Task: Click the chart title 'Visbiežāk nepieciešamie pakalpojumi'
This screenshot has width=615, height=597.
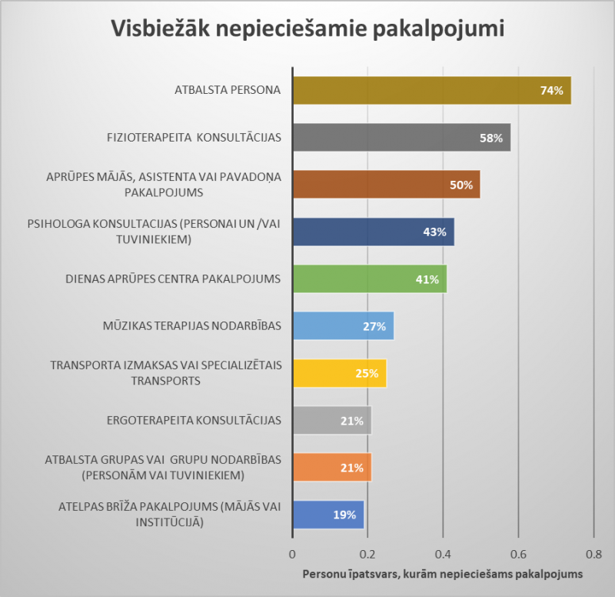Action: click(307, 28)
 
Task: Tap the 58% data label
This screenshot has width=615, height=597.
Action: click(492, 138)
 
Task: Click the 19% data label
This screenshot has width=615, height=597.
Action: click(344, 515)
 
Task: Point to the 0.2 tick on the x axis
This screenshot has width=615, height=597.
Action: click(367, 554)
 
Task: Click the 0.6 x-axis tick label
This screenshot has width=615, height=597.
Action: click(518, 554)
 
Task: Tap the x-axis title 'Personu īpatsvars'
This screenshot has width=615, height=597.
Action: click(442, 574)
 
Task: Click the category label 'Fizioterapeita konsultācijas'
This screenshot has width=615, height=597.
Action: click(194, 138)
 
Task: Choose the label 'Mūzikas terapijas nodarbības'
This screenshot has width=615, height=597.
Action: click(191, 325)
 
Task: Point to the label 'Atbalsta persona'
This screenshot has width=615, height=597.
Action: click(228, 91)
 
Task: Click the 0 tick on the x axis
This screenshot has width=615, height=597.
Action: click(292, 554)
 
